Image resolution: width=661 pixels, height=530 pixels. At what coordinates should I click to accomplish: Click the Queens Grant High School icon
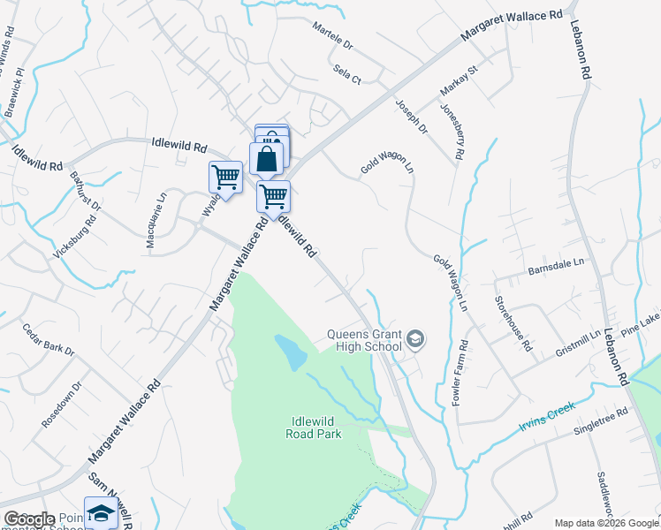tap(415, 339)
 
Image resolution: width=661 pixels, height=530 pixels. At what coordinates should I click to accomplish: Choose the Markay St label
tap(459, 82)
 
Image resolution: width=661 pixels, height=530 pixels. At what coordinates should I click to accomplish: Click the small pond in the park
tap(291, 352)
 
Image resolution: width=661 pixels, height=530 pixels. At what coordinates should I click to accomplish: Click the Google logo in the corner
tap(29, 519)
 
